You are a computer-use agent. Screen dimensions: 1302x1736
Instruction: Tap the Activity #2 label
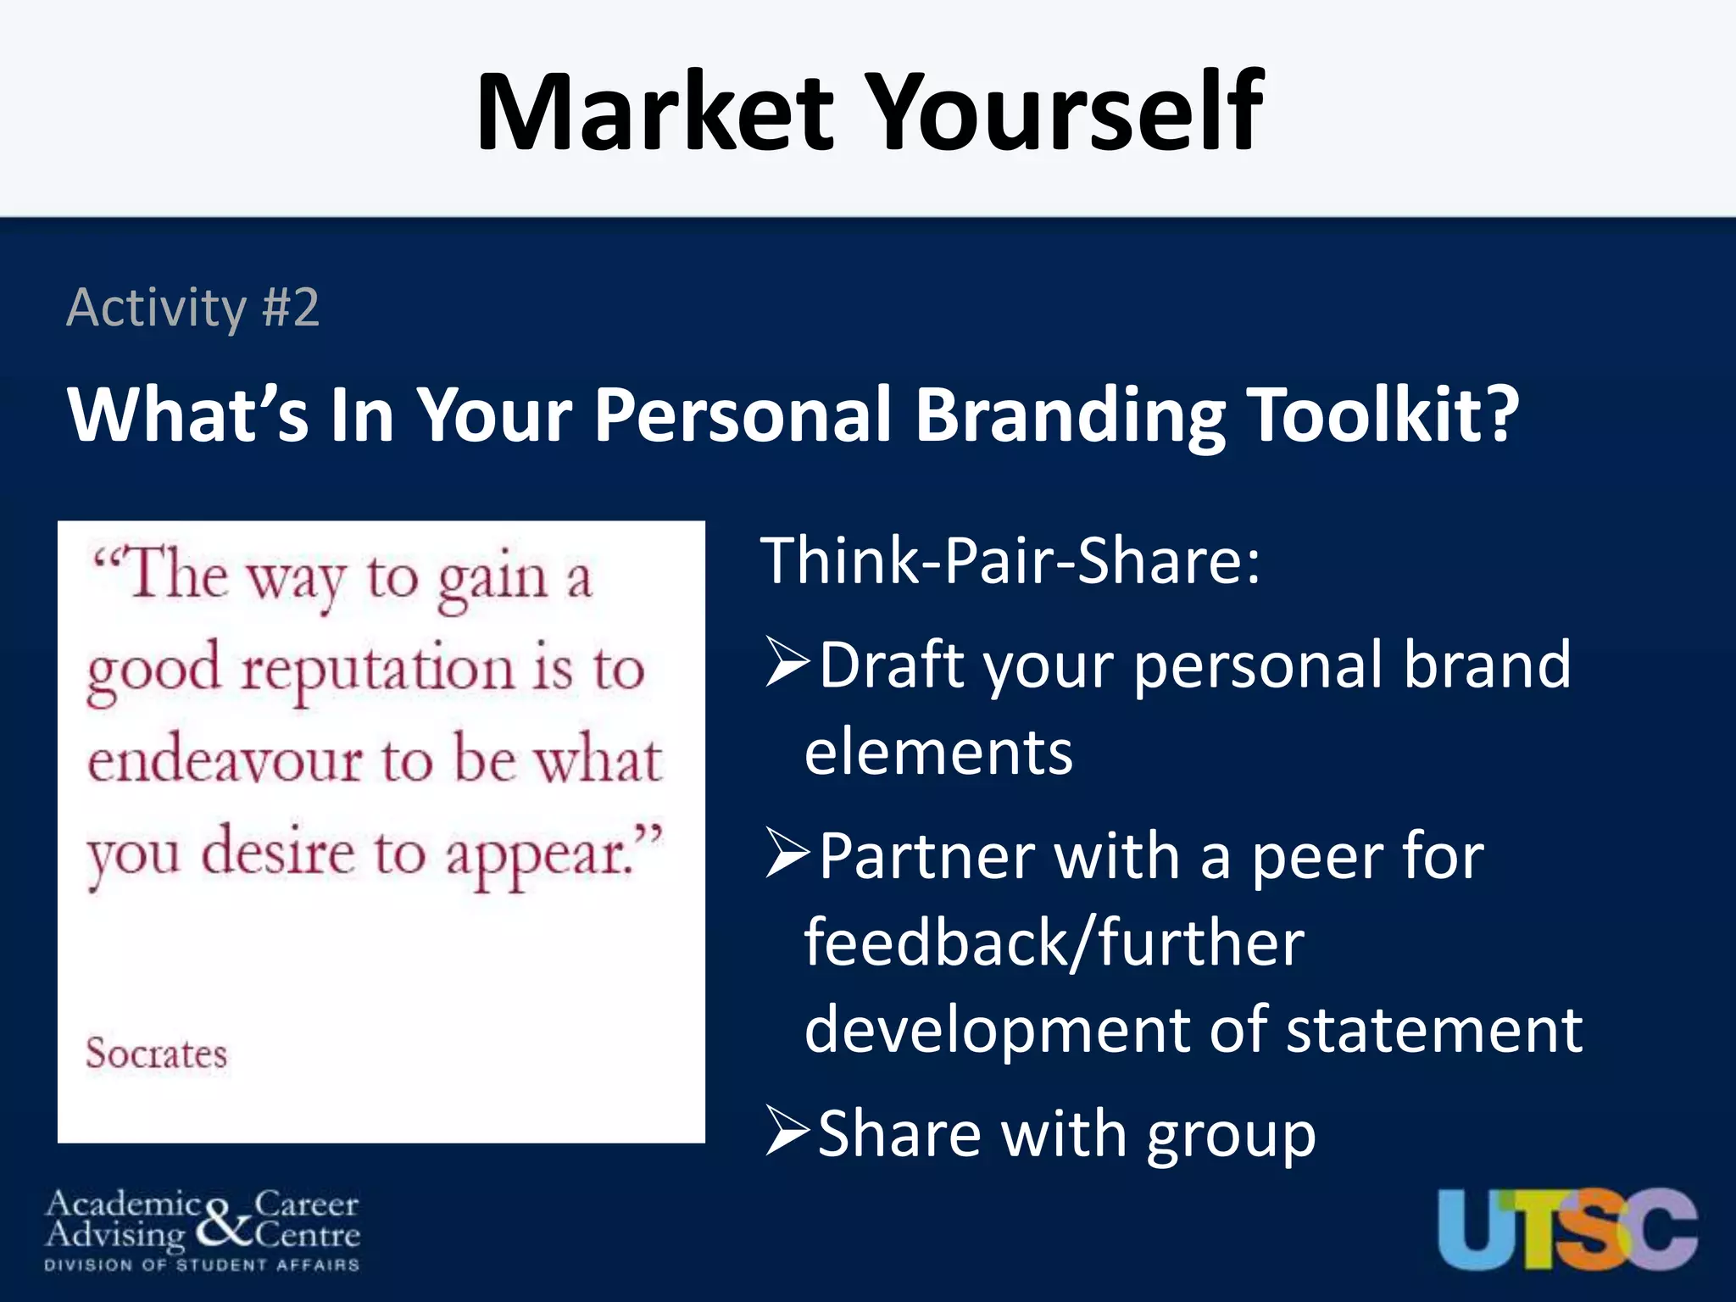[x=193, y=308]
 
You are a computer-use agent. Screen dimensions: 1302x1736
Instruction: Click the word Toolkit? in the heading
[x=1384, y=415]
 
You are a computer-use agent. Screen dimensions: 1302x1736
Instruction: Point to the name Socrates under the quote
[x=157, y=1054]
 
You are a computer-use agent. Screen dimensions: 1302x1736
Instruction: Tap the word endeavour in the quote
[x=225, y=760]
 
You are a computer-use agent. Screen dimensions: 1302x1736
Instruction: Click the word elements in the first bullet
[x=938, y=753]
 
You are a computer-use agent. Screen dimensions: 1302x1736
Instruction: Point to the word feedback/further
[x=1054, y=943]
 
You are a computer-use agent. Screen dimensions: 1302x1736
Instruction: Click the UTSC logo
[x=1567, y=1228]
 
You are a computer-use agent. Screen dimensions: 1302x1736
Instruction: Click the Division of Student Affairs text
[x=202, y=1265]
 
